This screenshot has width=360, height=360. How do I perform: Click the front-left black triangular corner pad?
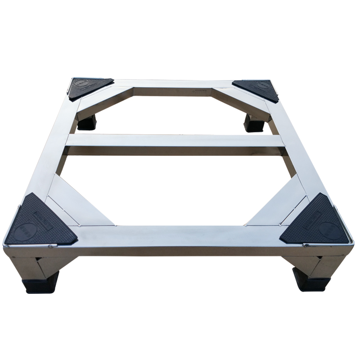click(43, 223)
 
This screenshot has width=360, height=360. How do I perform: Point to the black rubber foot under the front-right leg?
click(312, 279)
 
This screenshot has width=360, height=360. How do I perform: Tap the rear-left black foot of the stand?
click(87, 122)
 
